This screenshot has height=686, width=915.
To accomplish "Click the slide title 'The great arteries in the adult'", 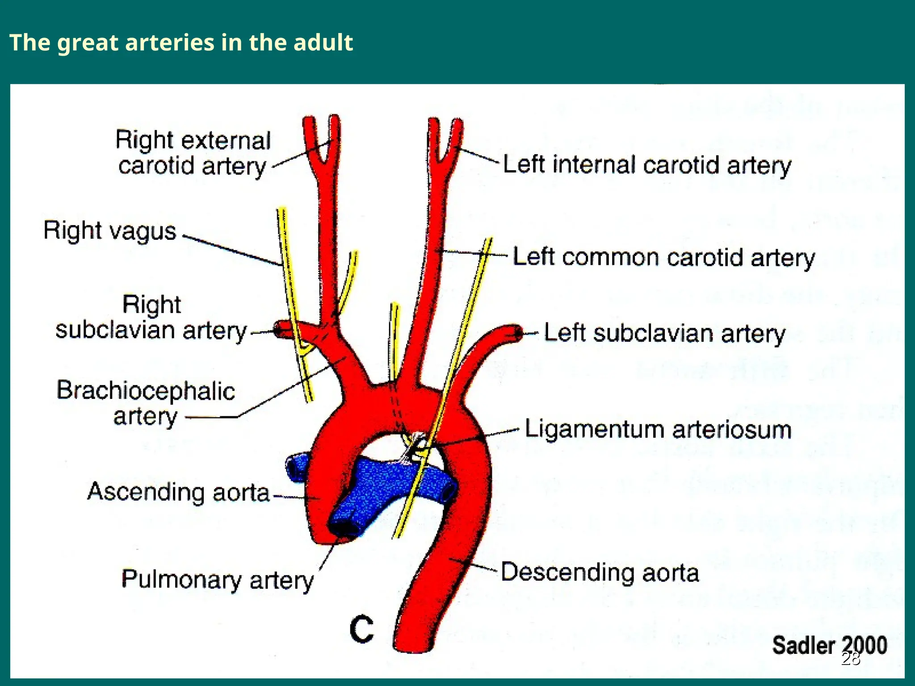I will coord(181,43).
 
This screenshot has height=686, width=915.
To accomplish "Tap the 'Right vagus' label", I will coord(110,231).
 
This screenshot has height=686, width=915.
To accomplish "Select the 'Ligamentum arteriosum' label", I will coord(658,430).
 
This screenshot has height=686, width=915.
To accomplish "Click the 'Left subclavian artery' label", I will coord(664,334).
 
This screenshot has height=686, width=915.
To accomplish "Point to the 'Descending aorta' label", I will coord(600,573).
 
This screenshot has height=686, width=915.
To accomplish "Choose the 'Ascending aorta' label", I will coord(178,492).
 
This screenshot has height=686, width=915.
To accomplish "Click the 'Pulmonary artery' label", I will coord(218,580).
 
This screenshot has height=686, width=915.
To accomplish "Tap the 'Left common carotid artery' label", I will coord(663,258).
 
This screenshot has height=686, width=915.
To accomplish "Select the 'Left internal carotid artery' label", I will coord(647,165).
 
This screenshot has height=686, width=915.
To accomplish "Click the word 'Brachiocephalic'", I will coord(146,390).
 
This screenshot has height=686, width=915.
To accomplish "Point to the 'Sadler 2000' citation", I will coord(829,645).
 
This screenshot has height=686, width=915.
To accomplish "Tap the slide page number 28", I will coord(851,659).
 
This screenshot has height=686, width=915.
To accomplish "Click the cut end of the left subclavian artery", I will coord(518,333).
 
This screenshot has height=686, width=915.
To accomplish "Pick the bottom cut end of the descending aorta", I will coord(414,646).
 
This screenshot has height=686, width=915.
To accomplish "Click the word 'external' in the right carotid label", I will coord(226,141).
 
